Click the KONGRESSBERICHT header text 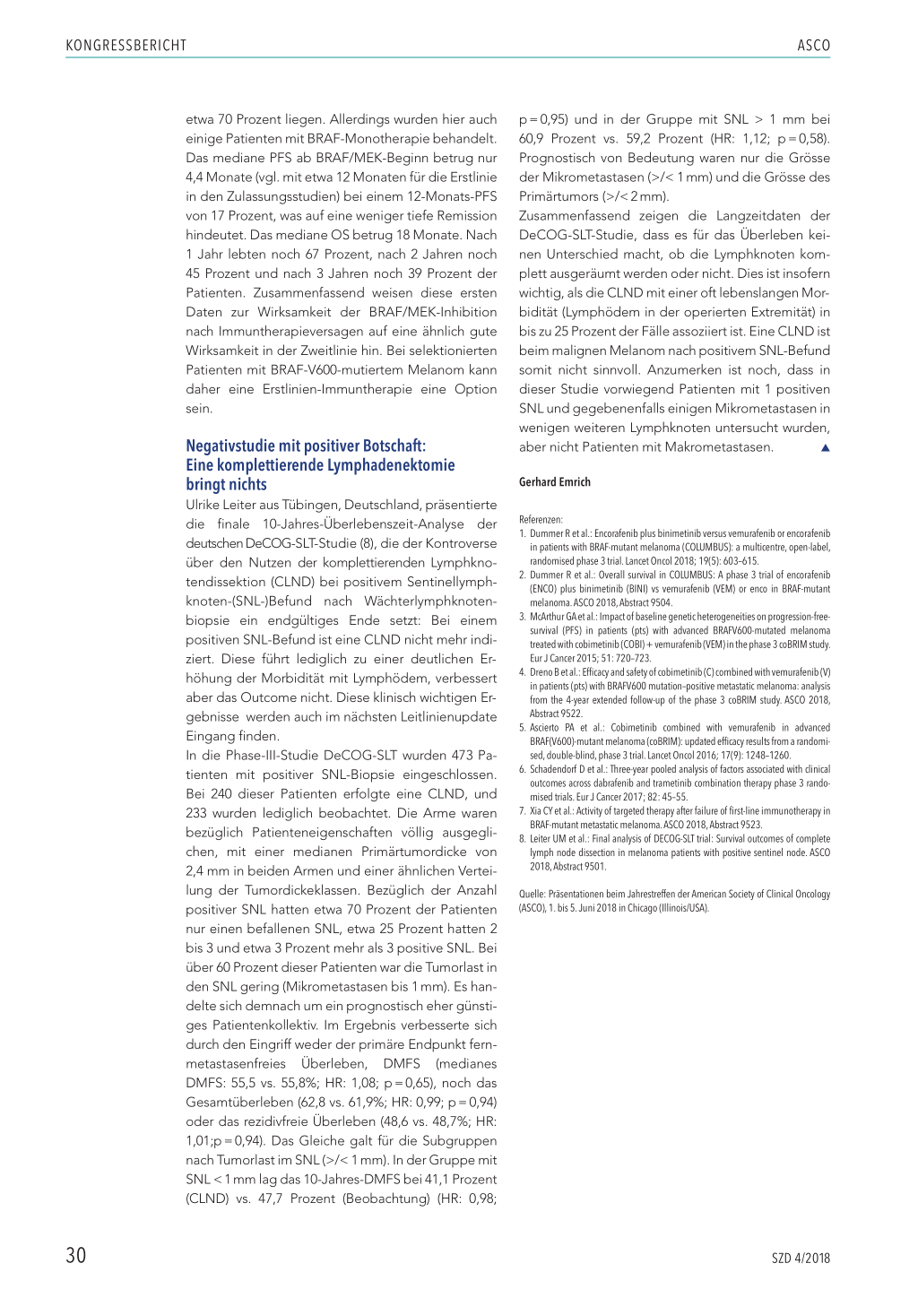(126, 46)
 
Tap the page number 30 (76, 1255)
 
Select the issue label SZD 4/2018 (801, 1258)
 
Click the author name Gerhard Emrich (554, 482)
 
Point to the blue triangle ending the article (825, 448)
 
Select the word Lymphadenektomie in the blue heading (391, 465)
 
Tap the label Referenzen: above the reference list (541, 519)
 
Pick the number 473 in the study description (462, 756)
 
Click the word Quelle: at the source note (532, 894)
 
